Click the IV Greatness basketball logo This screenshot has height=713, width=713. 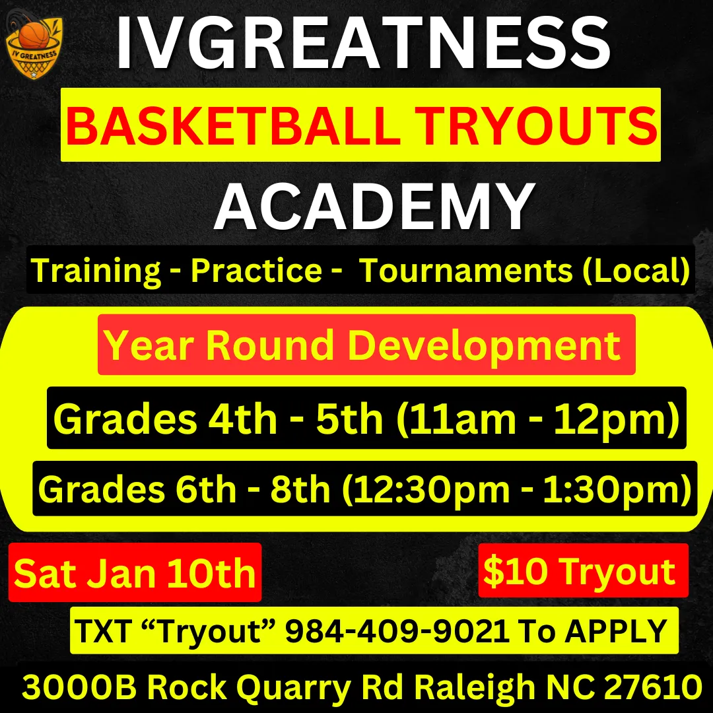(x=34, y=47)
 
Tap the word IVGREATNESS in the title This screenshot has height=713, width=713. (x=363, y=43)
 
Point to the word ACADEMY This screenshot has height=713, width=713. (x=374, y=206)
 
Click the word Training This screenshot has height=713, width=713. (x=96, y=271)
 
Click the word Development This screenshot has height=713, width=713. (x=485, y=346)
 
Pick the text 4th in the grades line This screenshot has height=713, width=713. (x=242, y=419)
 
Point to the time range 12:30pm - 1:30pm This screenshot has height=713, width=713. (x=517, y=490)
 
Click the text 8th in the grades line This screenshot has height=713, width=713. (x=300, y=489)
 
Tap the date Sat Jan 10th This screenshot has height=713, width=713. (x=135, y=573)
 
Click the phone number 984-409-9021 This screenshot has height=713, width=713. (x=397, y=630)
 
